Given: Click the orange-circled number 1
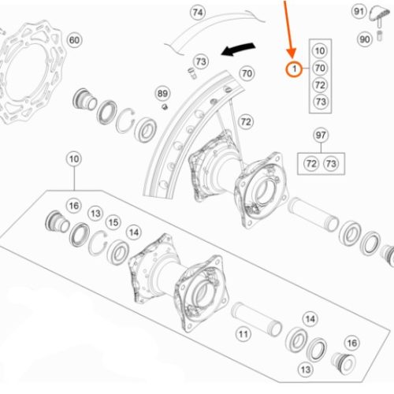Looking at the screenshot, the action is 294,69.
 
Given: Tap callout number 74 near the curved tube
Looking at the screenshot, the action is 198,13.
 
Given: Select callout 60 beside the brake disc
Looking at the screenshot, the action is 75,40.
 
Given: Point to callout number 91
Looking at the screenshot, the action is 359,12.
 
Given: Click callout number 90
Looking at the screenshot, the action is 365,39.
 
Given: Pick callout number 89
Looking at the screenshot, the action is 162,94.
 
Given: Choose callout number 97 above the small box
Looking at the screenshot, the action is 321,136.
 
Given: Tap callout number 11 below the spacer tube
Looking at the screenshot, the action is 243,334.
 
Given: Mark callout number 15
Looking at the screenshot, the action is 113,222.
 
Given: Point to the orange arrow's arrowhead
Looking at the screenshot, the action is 292,53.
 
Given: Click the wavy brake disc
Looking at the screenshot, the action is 29,72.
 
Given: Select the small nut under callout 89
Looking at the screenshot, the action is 165,106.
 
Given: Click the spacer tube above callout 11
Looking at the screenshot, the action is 257,320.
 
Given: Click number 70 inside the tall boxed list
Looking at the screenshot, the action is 320,68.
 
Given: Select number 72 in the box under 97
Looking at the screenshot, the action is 311,164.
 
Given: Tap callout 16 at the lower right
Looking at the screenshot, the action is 352,343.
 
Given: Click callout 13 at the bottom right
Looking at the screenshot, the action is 306,370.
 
